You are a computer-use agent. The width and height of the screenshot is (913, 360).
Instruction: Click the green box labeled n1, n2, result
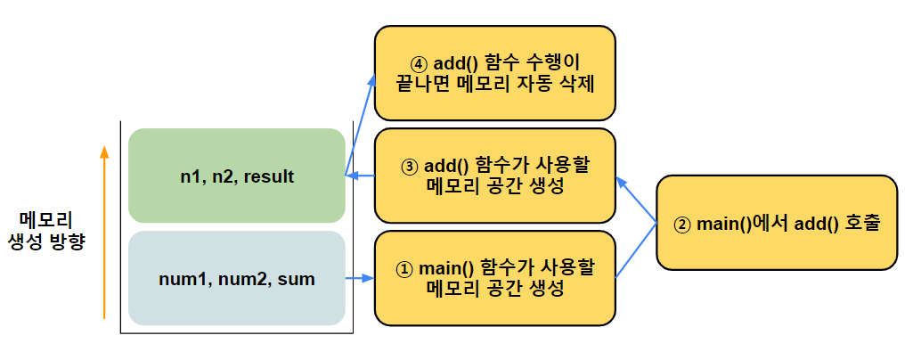pos(236,176)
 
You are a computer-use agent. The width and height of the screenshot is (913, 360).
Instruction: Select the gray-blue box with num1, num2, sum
pos(236,278)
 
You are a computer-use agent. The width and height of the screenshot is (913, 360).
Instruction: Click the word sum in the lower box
pos(297,279)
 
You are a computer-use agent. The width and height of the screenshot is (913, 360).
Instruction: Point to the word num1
pos(179,279)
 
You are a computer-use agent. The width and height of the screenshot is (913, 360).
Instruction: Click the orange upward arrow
pos(104,232)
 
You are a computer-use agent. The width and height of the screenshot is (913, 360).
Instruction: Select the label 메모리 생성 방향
pos(45,230)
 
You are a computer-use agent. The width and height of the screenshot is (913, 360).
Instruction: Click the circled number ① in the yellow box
pos(404,268)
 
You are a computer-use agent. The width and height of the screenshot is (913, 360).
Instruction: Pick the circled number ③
pos(410,166)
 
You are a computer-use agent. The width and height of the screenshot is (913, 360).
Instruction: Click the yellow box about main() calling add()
pos(776,222)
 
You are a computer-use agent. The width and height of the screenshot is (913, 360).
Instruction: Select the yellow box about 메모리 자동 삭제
pos(494,73)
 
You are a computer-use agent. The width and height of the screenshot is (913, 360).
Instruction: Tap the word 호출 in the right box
pos(862,223)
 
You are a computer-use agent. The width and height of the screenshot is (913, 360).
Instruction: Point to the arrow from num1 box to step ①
pos(359,279)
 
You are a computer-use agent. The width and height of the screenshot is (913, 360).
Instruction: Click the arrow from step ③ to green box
pos(360,176)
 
